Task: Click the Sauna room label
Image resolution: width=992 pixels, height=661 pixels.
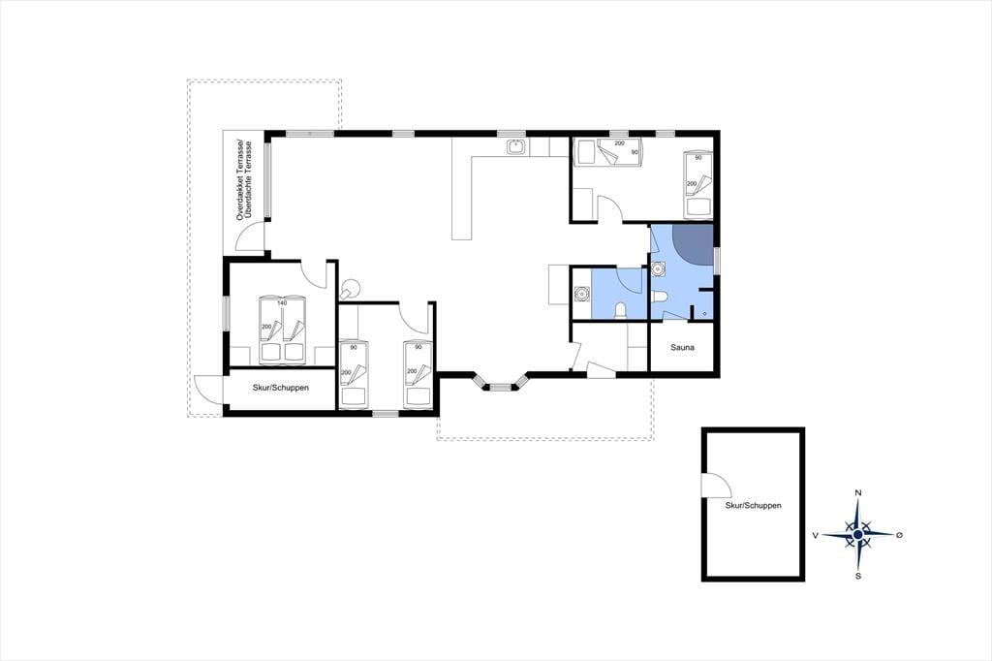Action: tap(683, 348)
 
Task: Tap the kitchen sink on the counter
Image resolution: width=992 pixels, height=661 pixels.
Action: tap(516, 147)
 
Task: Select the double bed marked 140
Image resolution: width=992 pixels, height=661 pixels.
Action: tap(282, 330)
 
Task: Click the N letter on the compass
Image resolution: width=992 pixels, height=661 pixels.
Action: tap(858, 493)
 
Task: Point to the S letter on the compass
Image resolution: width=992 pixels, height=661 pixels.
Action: tap(858, 576)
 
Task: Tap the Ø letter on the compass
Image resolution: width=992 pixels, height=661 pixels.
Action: tap(900, 535)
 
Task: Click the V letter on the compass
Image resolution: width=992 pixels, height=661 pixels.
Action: tap(816, 536)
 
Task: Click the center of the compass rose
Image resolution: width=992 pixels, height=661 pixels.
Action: tap(858, 535)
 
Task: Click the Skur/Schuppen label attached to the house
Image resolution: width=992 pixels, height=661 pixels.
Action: tap(281, 388)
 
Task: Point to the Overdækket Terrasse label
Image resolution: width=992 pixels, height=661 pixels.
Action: tap(240, 179)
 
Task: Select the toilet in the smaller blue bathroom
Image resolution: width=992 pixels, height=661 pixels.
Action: tap(621, 310)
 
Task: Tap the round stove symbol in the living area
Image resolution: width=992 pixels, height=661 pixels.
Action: tap(348, 290)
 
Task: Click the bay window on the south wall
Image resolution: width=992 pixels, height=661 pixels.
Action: tap(501, 383)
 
